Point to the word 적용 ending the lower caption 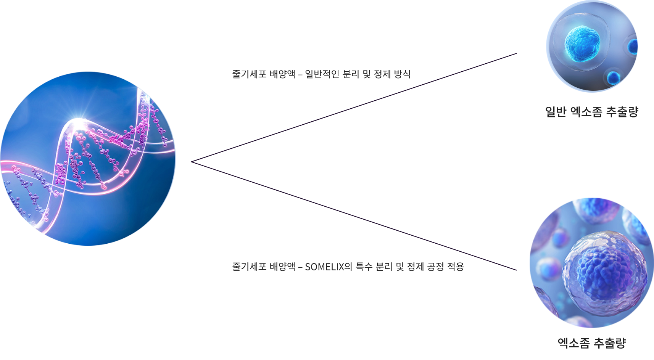click(456, 267)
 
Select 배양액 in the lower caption click(282, 267)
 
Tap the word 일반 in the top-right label click(556, 112)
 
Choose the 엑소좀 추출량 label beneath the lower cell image click(591, 343)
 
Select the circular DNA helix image click(88, 158)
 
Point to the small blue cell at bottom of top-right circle click(613, 78)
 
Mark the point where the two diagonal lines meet click(192, 162)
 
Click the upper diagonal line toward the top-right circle click(355, 108)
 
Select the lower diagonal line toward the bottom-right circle click(355, 217)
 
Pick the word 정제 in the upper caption click(382, 74)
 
